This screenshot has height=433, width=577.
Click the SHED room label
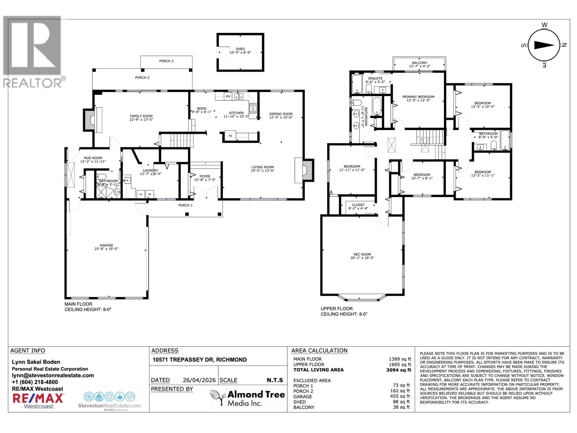[x=240, y=49]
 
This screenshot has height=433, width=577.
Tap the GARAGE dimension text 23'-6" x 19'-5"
[x=106, y=249]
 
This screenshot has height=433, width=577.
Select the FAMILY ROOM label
[x=141, y=116]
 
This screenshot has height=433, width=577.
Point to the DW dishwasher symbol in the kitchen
[x=228, y=96]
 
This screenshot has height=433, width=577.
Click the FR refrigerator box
[x=230, y=136]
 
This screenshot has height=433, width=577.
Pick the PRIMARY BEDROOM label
[x=418, y=97]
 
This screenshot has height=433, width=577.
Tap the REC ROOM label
[x=362, y=254]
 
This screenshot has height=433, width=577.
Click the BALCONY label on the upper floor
[x=419, y=63]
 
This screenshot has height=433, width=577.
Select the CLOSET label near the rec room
[x=358, y=205]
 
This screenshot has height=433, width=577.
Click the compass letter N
[x=564, y=45]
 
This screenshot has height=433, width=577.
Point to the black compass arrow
[x=544, y=45]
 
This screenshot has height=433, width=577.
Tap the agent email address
[x=53, y=375]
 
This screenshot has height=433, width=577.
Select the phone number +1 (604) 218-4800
[x=35, y=382]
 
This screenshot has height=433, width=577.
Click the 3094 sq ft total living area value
[x=398, y=370]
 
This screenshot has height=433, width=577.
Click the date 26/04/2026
[x=199, y=380]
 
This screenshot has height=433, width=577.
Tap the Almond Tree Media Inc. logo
[x=248, y=398]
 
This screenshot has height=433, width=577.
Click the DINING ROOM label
[x=281, y=114]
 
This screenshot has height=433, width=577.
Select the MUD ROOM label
[x=93, y=158]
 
